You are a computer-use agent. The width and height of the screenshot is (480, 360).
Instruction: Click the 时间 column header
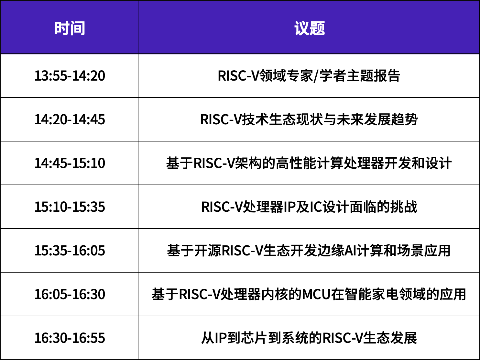coord(70,28)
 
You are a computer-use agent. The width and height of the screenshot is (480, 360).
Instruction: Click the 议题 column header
coord(310,28)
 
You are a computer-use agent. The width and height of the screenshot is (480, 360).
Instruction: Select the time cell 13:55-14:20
coord(70,76)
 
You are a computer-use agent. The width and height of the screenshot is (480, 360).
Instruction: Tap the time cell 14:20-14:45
coord(70,119)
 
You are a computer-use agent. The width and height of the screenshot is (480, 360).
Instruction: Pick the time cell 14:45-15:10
coord(70,163)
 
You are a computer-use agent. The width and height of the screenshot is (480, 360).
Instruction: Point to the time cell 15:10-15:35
coord(70,207)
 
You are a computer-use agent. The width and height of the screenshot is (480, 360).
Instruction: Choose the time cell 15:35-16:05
coord(70,251)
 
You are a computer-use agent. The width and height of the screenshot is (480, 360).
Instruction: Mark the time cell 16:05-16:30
coord(70,294)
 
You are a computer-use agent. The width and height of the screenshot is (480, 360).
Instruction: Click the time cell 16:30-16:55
coord(70,338)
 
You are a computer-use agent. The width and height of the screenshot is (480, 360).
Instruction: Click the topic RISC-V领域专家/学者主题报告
coord(309,76)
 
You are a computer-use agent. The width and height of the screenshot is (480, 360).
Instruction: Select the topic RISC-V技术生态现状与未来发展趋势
coord(309,119)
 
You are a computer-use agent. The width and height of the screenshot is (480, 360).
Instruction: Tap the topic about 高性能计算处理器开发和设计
coord(309,163)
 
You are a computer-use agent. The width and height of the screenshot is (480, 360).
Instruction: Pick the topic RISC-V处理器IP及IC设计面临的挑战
coord(309,207)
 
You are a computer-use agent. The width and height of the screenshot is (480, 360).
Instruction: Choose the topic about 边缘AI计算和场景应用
coord(309,251)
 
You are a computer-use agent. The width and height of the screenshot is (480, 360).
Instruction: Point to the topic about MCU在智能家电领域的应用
coord(309,294)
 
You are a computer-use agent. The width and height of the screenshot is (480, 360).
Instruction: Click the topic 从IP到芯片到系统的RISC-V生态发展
coord(309,338)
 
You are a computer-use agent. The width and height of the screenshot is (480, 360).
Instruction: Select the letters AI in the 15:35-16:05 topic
coord(350,251)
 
